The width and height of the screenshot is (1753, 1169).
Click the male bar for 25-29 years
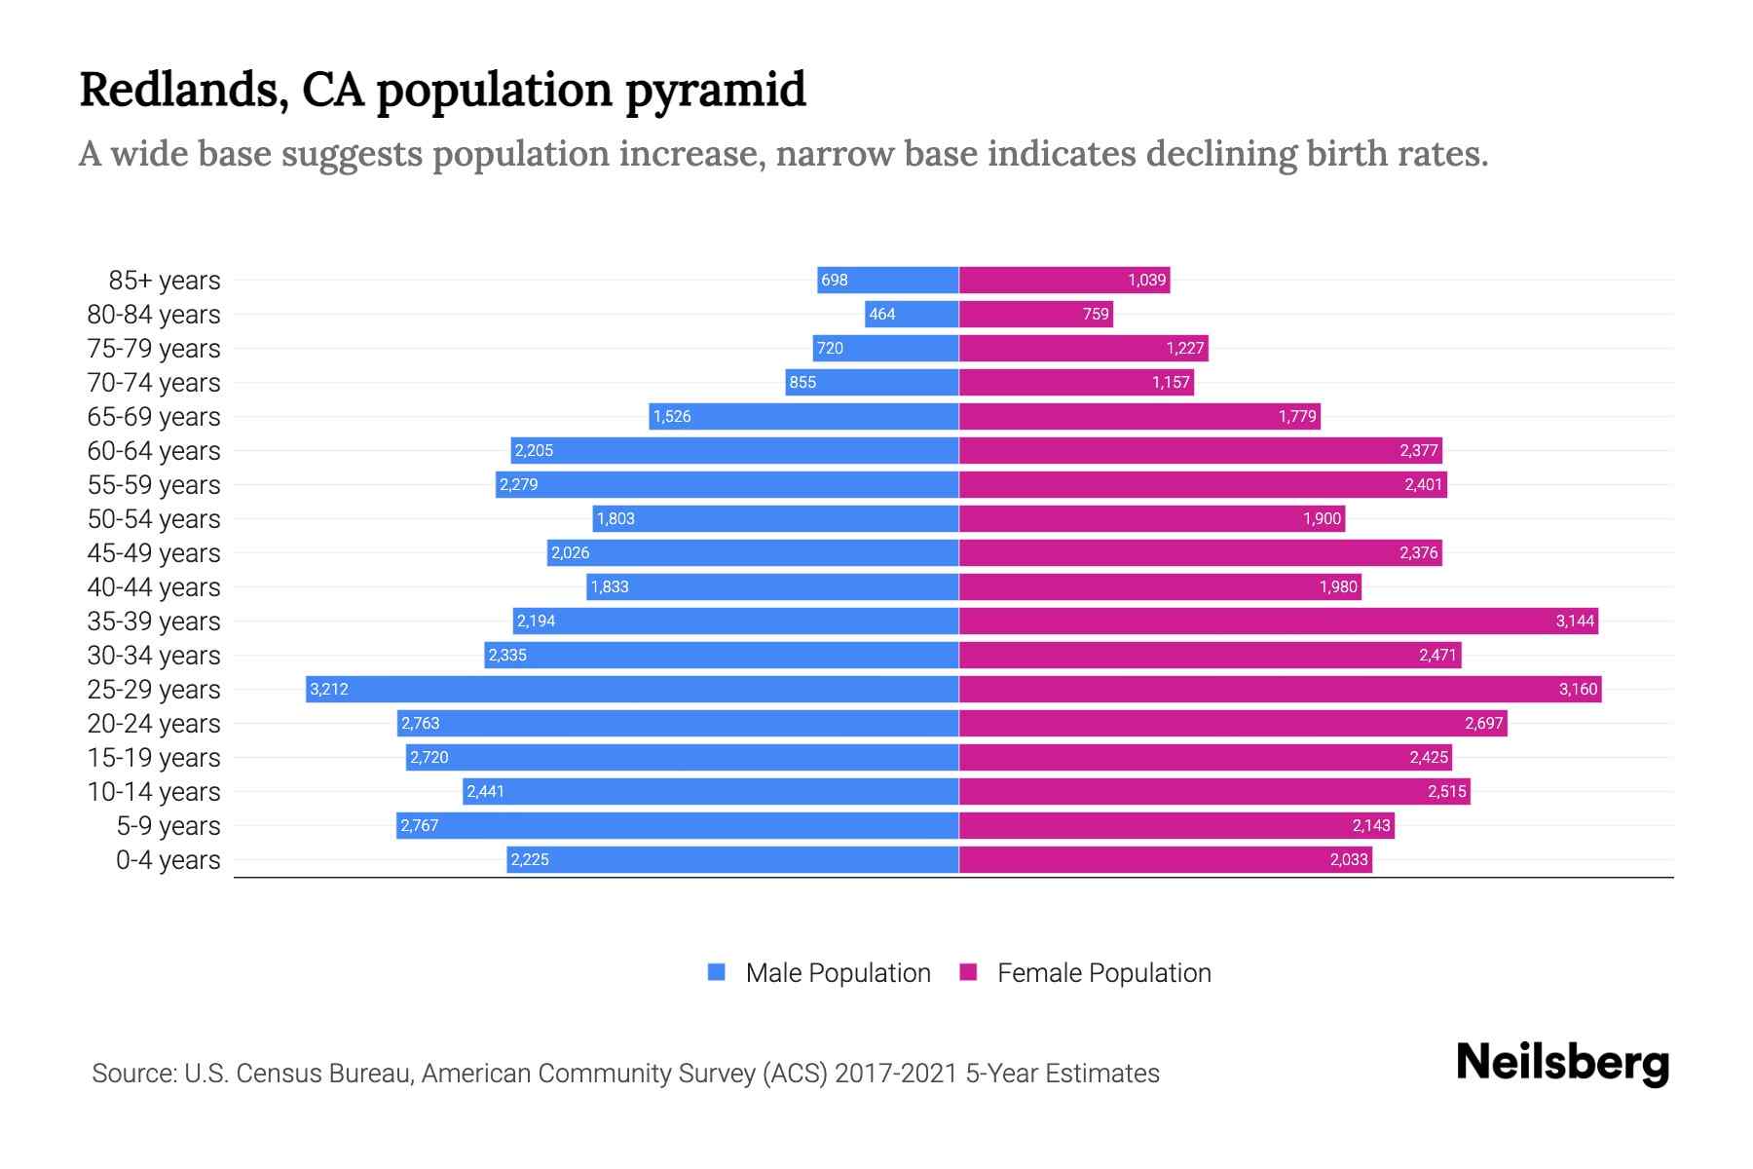point(633,689)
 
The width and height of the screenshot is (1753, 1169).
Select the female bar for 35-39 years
point(1278,621)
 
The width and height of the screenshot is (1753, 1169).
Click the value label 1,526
point(672,416)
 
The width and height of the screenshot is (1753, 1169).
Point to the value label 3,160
point(1578,689)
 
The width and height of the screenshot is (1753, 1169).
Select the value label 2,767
point(420,825)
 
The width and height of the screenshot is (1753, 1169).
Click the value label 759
point(1096,314)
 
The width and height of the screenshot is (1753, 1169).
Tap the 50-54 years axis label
point(154,519)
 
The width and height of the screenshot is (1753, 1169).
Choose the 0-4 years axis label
point(168,860)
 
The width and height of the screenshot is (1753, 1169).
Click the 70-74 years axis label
point(154,383)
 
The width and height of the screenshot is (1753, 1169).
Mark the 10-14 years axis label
point(154,792)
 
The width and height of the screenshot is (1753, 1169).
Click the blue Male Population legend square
point(717,972)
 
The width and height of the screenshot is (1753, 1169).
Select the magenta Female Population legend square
point(968,972)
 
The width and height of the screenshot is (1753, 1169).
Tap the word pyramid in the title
point(716,91)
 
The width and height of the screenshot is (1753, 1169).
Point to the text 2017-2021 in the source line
point(896,1074)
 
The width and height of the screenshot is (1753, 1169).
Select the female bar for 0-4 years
point(1165,859)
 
